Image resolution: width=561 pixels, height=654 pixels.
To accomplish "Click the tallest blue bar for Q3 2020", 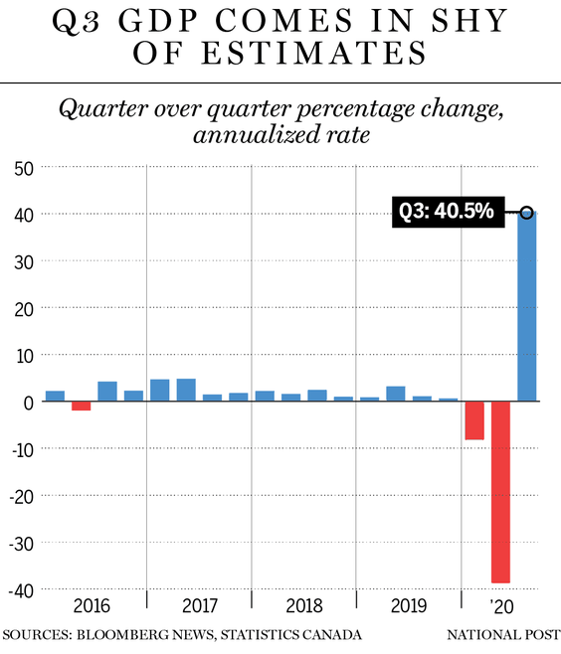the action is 527,306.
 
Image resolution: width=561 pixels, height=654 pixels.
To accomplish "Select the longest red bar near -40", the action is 500,492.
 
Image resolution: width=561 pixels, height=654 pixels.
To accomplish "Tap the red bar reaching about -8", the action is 474,420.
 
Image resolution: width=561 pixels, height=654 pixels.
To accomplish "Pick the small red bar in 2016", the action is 81,406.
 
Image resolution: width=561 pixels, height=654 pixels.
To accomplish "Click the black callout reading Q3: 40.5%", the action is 448,212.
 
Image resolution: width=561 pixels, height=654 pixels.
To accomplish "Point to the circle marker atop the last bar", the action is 527,213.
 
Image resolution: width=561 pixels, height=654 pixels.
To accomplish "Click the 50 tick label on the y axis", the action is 24,169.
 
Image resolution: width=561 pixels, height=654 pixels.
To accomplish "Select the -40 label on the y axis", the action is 21,591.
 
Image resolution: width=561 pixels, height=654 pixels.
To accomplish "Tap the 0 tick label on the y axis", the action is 29,404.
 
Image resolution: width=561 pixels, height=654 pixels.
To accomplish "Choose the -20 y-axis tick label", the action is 21,497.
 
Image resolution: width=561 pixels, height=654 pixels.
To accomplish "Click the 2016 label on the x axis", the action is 92,605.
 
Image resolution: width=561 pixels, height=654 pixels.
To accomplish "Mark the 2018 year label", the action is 304,605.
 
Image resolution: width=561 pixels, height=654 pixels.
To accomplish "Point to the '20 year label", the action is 501,606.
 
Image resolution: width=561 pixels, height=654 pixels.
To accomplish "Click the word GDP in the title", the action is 158,21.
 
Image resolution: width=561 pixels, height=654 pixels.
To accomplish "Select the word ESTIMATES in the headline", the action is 280,53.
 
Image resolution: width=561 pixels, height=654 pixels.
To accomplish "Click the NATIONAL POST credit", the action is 503,635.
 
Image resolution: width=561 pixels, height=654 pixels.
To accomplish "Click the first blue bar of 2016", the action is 55,396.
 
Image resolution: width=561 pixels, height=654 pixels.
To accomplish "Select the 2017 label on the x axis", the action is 200,605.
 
